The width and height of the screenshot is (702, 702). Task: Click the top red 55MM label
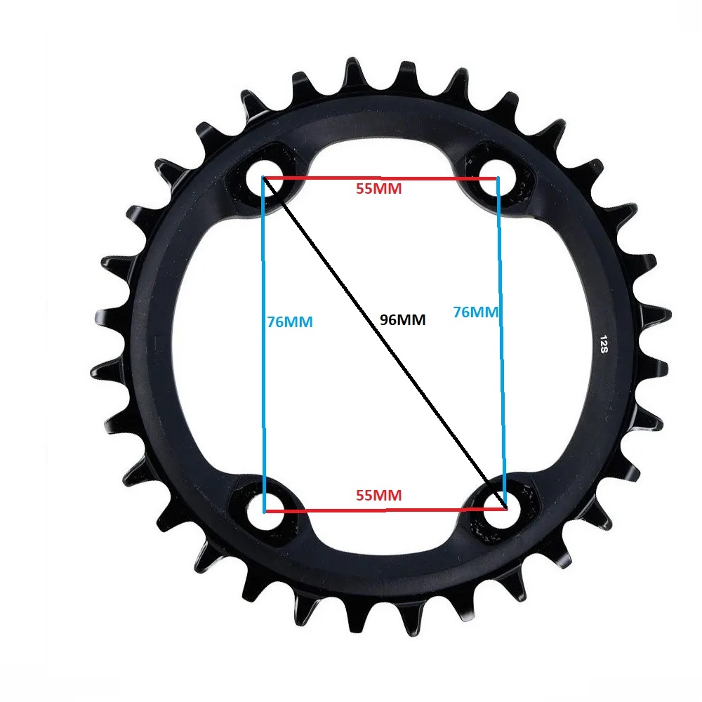point(379,188)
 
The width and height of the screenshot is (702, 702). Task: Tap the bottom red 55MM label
point(379,495)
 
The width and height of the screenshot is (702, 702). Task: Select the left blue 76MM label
point(290,322)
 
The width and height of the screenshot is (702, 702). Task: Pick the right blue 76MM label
point(475,312)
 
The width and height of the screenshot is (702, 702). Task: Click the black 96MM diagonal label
point(402,319)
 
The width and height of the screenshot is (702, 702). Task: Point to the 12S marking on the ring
point(604,344)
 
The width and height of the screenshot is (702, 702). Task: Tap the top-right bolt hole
point(498,178)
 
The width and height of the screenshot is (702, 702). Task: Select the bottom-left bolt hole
point(265,511)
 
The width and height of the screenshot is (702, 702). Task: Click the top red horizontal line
point(380,178)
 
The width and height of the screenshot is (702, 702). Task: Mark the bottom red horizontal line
point(385,510)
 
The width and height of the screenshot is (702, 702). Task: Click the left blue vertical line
point(263,345)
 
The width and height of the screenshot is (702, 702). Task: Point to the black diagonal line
point(385,343)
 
